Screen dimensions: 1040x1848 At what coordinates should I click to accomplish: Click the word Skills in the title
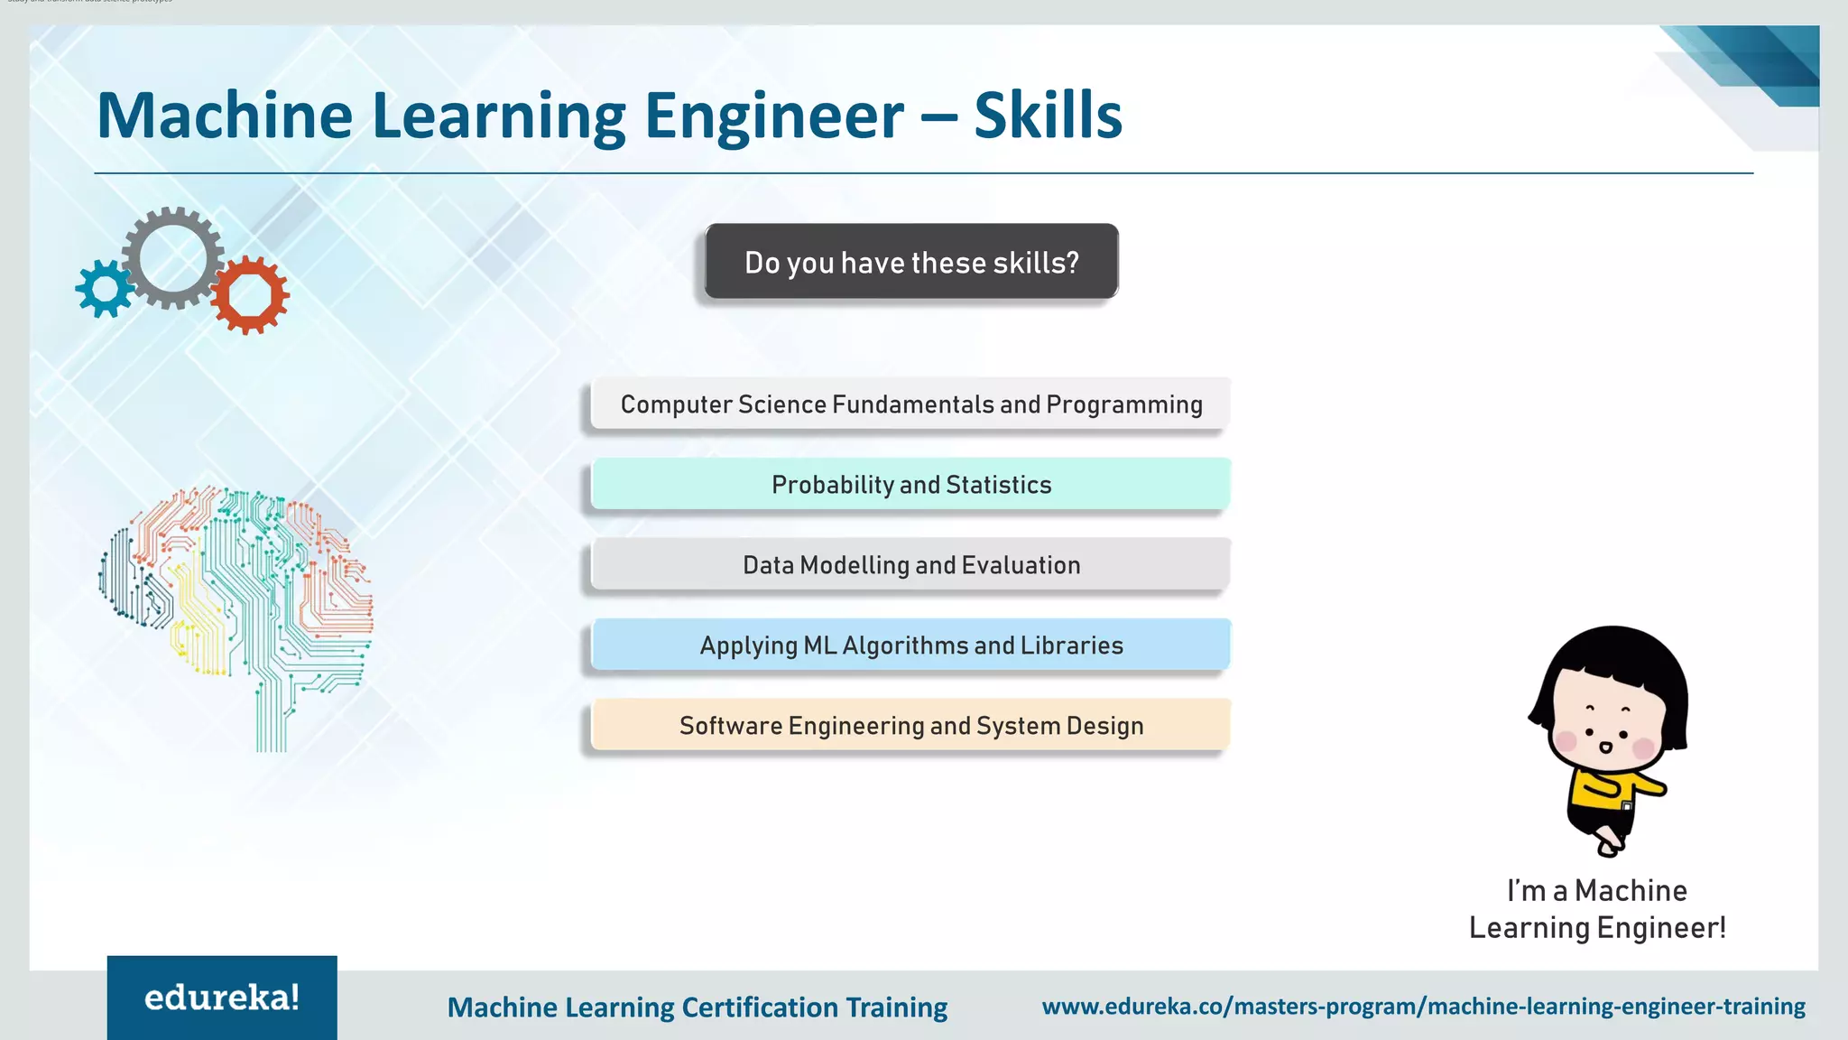pos(1048,116)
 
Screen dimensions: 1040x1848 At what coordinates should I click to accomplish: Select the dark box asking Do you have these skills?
pos(911,262)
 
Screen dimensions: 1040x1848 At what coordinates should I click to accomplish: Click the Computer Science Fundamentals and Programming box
pos(911,404)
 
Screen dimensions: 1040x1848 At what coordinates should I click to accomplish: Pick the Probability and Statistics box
pos(911,485)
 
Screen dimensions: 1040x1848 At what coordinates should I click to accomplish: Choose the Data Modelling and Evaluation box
pos(911,565)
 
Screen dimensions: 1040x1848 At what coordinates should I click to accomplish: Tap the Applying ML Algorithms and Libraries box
pos(911,645)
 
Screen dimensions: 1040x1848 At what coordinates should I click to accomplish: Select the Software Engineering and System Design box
pos(911,726)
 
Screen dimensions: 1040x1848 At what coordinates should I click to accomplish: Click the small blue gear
pos(105,289)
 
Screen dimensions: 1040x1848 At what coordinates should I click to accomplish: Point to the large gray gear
pos(172,257)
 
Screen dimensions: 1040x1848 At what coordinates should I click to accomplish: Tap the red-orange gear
pos(250,295)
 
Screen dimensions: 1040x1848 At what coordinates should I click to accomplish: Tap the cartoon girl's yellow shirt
pos(1602,790)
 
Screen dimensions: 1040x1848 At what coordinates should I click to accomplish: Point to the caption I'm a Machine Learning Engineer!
pos(1597,909)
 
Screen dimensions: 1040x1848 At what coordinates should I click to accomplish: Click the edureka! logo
pos(222,998)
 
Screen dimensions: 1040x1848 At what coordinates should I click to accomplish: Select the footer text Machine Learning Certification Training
pos(697,1007)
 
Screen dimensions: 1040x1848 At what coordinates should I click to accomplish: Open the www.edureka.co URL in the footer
pos(1423,1006)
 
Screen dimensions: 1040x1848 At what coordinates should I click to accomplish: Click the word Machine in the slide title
pos(225,116)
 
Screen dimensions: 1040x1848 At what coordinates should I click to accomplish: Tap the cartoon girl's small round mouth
pos(1605,747)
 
